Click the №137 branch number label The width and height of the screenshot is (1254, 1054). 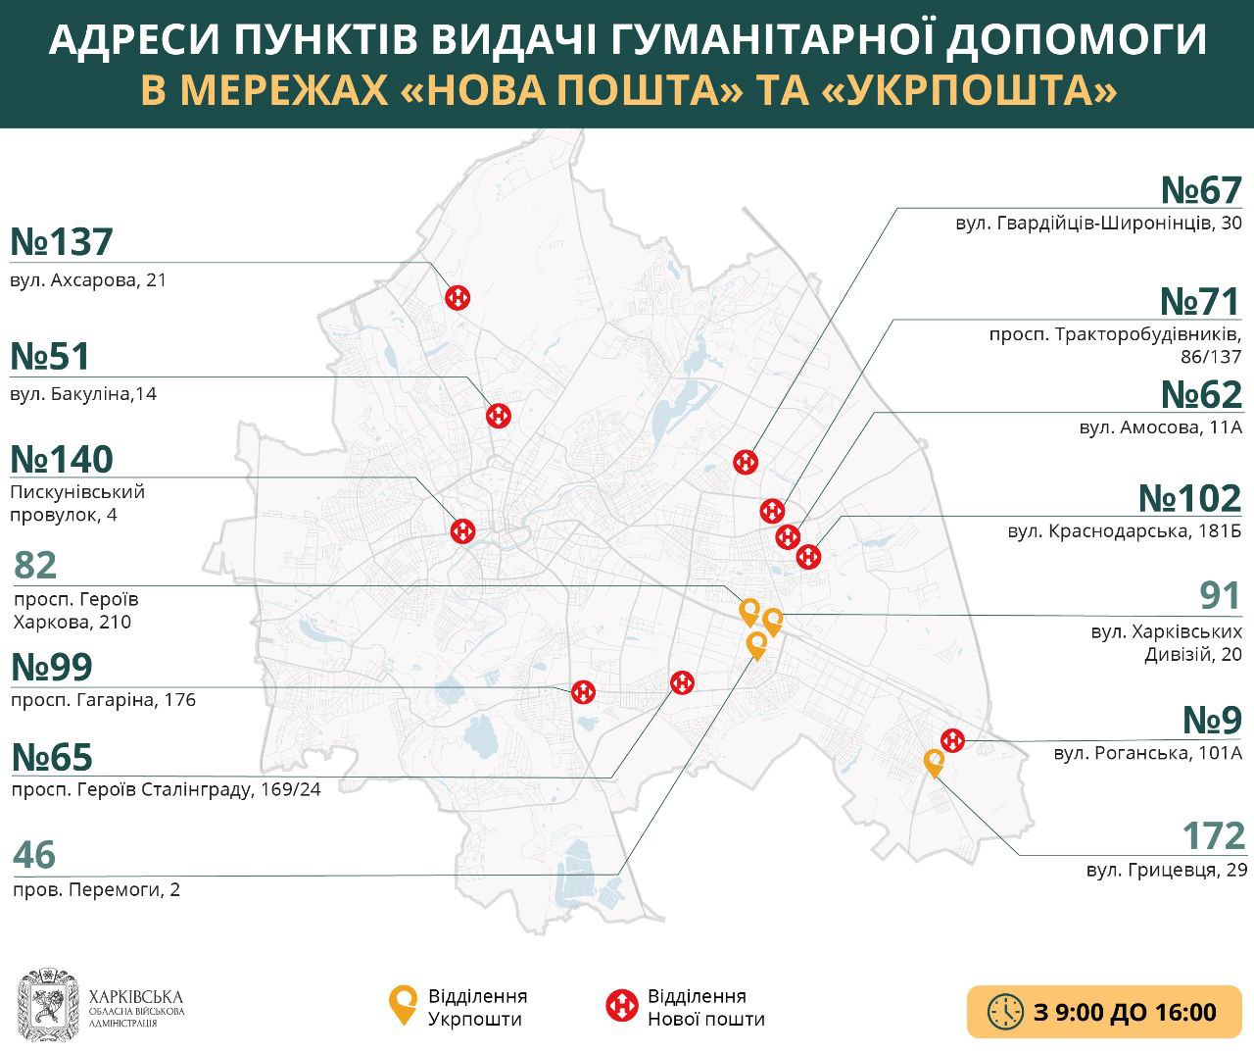pos(62,241)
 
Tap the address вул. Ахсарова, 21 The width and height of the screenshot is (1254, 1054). pos(89,280)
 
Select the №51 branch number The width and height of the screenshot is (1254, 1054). pos(50,356)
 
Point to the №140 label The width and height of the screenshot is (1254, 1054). pos(62,459)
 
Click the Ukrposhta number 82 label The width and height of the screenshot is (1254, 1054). pos(36,566)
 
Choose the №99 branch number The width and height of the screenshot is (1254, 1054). pos(51,667)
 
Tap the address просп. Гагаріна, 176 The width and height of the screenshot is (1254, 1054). pos(103,700)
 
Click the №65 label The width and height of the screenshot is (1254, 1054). pos(51,758)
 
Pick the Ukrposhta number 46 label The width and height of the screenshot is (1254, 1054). pos(34,855)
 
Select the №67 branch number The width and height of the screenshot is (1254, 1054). pos(1201,189)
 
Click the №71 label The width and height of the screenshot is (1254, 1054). pos(1200,301)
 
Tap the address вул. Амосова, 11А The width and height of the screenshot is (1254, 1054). pos(1160,427)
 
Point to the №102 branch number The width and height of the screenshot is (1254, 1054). pos(1189,498)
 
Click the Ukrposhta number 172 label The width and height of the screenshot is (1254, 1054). pos(1214,836)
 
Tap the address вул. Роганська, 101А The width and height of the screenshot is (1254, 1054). pos(1147,754)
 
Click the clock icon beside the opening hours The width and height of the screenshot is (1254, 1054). pos(1005,1012)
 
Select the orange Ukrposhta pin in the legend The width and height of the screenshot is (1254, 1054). pos(402,1005)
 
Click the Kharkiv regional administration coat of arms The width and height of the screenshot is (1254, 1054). pos(47,1007)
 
